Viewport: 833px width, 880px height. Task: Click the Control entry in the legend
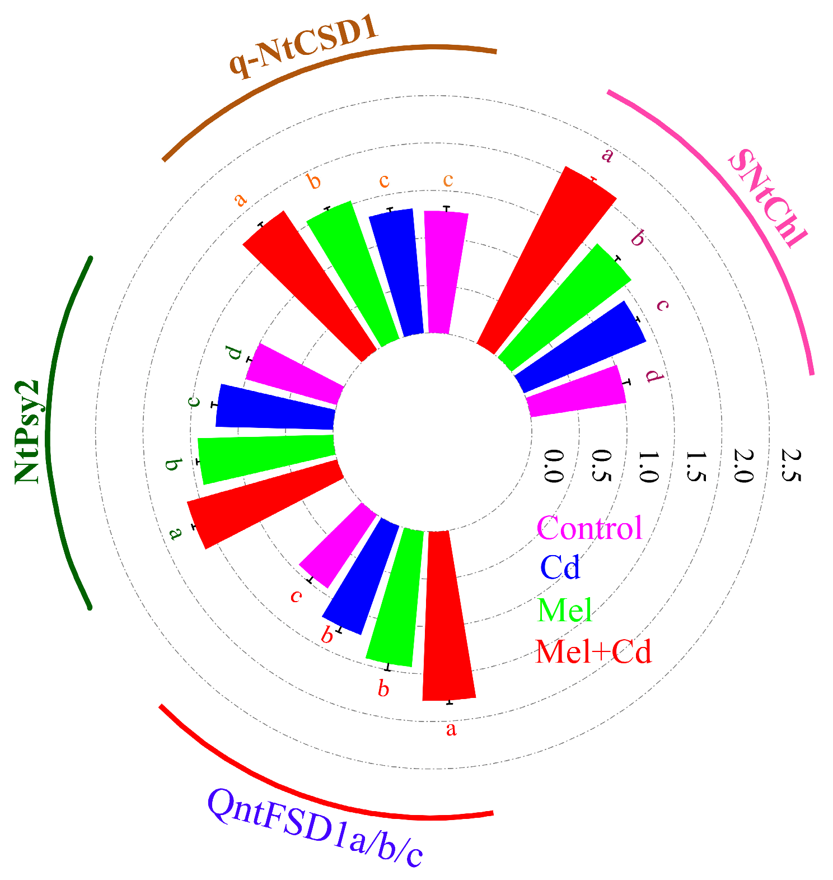coord(589,528)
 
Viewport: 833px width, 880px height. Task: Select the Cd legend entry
coord(560,567)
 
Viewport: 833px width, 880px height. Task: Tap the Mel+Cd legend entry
coord(593,651)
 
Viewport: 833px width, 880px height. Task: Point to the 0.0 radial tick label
coord(553,465)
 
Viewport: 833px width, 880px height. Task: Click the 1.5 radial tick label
coord(695,465)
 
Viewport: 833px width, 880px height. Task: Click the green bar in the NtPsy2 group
coord(266,458)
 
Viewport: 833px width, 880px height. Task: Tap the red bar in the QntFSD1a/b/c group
coord(448,616)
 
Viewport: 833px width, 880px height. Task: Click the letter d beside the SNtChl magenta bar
coord(653,375)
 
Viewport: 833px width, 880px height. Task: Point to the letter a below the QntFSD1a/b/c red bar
coord(451,729)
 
